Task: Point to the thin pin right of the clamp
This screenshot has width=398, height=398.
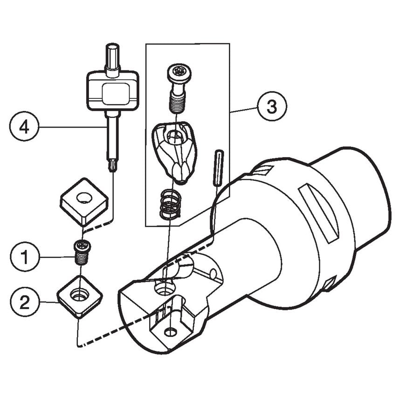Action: (x=219, y=168)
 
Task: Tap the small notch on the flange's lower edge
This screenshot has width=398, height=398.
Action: (x=329, y=282)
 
